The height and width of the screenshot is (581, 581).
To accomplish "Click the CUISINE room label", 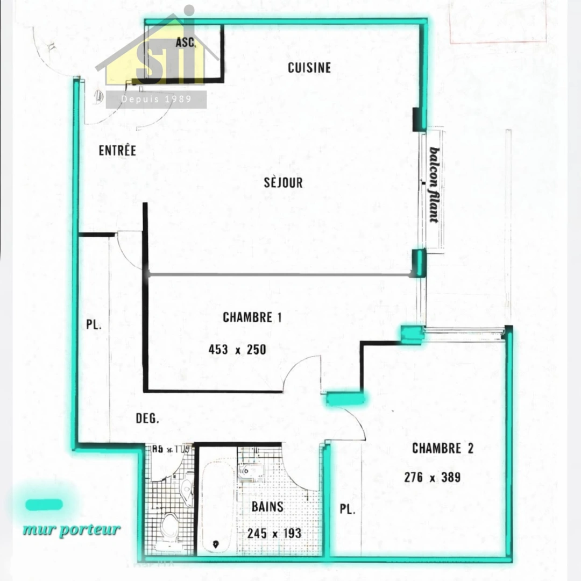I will pyautogui.click(x=309, y=68).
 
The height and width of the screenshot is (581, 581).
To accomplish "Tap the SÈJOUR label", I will pyautogui.click(x=283, y=182).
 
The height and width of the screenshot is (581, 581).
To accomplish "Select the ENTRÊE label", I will pyautogui.click(x=117, y=151).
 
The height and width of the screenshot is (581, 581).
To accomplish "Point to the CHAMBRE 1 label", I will pyautogui.click(x=252, y=317).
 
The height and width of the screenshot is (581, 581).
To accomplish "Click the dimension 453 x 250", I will pyautogui.click(x=237, y=350).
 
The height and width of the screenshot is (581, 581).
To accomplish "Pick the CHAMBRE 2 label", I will pyautogui.click(x=443, y=448).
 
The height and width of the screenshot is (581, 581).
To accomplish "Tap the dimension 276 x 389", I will pyautogui.click(x=432, y=477).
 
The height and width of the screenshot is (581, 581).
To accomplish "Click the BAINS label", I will pyautogui.click(x=267, y=507).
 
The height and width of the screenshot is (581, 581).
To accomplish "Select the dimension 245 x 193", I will pyautogui.click(x=274, y=534).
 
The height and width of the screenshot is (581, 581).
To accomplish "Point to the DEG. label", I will pyautogui.click(x=147, y=419).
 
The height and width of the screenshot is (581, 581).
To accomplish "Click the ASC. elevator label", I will pyautogui.click(x=186, y=42).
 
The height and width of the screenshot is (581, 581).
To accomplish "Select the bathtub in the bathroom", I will pyautogui.click(x=216, y=506).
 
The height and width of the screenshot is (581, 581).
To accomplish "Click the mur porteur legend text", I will pyautogui.click(x=72, y=529).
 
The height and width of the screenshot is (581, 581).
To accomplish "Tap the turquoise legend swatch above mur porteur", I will pyautogui.click(x=44, y=505).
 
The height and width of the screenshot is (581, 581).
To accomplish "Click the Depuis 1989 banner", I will pyautogui.click(x=156, y=100).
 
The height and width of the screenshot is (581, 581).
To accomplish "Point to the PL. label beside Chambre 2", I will pyautogui.click(x=348, y=509).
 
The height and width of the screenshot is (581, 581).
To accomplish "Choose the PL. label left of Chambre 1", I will pyautogui.click(x=94, y=325).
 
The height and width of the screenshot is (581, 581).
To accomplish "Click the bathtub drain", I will pyautogui.click(x=216, y=544).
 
